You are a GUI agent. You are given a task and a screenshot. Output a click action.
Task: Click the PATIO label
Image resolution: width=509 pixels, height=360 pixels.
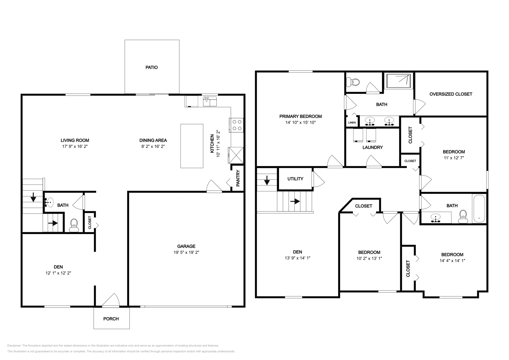point(151,67)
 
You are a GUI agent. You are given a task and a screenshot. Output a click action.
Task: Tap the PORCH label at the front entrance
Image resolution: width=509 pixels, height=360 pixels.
point(111,319)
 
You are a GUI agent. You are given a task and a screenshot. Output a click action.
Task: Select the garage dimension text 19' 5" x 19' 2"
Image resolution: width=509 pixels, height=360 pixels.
point(186,252)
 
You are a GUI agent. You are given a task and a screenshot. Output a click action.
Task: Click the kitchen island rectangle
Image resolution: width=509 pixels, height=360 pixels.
point(192,146)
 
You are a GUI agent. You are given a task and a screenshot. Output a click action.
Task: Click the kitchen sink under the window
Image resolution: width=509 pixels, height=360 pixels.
point(210,101)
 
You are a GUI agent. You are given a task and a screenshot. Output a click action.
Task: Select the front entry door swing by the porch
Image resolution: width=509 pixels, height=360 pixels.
point(111,301)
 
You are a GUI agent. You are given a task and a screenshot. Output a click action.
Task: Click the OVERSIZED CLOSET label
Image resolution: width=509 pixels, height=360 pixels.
point(450,94)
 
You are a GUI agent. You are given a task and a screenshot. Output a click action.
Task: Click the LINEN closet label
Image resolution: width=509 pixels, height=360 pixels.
point(352,122)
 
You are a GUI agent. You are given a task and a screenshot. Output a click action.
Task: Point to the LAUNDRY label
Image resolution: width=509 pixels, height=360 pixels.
point(373,147)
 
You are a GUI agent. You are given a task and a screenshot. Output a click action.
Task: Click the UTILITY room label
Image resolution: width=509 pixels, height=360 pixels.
point(295,179)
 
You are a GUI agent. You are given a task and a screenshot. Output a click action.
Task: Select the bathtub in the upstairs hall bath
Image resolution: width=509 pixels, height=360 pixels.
point(479,209)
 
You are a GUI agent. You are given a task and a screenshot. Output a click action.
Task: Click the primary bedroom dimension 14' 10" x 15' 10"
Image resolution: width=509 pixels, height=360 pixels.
point(300,122)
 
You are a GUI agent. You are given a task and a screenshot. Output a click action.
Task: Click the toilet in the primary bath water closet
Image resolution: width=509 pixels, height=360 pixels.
point(354,82)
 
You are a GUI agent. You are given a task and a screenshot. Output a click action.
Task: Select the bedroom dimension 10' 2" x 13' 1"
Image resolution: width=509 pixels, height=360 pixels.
point(369,258)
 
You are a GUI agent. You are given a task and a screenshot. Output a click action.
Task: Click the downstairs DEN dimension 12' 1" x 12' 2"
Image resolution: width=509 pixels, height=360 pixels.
point(58,273)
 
